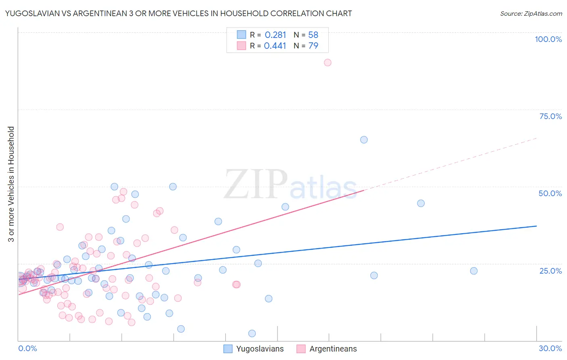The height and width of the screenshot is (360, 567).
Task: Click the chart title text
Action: [178, 13]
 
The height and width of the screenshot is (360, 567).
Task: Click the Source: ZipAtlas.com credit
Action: [531, 13]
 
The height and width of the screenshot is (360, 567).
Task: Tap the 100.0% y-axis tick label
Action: [548, 39]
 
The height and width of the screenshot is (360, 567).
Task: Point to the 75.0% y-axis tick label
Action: [550, 116]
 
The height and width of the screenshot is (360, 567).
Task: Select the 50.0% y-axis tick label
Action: [550, 193]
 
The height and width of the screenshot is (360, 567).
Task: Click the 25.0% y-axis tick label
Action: [550, 271]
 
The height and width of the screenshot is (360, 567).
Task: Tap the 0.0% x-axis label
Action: [27, 348]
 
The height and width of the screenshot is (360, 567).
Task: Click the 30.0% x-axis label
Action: [550, 348]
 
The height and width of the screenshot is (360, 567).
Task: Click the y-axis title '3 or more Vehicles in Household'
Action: [11, 184]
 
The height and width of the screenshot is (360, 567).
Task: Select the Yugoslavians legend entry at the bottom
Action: [254, 349]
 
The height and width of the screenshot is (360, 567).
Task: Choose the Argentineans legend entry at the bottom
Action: [327, 349]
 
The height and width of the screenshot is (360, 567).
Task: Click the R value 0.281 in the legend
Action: [275, 35]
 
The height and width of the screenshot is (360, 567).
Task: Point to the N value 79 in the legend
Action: [313, 46]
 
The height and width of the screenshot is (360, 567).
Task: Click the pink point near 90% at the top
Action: [327, 63]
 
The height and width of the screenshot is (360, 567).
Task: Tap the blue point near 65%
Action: [364, 140]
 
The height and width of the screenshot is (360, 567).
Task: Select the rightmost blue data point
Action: [474, 271]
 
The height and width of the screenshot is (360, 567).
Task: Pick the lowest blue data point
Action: [252, 333]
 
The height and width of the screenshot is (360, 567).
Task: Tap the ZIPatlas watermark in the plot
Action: [290, 185]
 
